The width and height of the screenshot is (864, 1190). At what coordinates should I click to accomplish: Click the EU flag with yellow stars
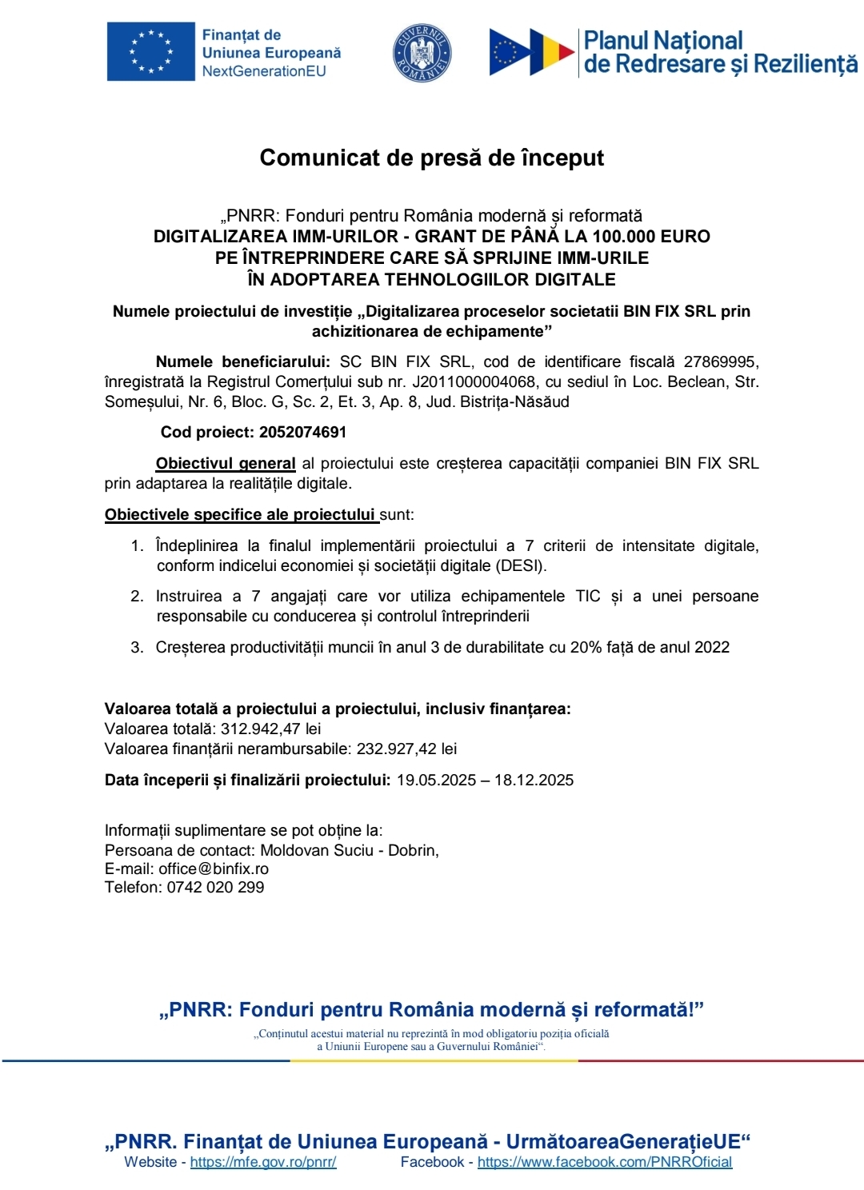150,52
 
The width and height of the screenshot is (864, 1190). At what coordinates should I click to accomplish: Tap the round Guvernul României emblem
422,54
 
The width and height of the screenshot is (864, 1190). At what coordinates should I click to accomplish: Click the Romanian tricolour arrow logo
532,53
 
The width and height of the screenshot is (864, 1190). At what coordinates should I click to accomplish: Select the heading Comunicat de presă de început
431,158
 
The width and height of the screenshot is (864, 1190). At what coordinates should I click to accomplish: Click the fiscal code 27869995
721,362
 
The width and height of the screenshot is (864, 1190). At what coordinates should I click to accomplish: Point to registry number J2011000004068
474,382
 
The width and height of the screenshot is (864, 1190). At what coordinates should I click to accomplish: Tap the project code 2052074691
302,433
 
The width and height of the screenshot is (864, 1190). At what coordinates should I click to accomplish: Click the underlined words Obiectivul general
226,464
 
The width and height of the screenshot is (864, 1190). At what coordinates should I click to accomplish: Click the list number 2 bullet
137,597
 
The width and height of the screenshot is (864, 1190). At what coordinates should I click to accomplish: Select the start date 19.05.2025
436,781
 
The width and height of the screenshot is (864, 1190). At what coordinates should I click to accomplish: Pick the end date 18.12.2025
534,781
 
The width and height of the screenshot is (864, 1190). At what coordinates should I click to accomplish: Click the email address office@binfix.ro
214,869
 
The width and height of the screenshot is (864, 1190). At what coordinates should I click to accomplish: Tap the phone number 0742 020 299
215,888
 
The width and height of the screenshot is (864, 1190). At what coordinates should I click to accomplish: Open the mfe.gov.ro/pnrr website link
263,1162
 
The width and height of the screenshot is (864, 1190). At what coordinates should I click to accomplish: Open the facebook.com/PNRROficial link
605,1162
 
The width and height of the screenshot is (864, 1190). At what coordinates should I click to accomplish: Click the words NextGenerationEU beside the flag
264,71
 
